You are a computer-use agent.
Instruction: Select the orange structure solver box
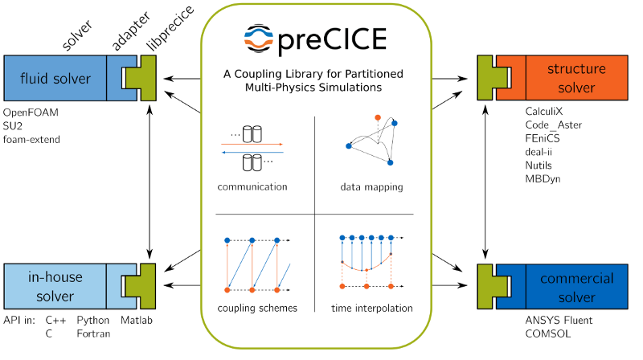click(576, 78)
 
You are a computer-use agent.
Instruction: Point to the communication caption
click(252, 187)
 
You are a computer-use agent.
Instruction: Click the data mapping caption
click(371, 187)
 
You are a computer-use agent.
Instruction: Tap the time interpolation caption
click(371, 308)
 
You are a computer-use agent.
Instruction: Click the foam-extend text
click(32, 140)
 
